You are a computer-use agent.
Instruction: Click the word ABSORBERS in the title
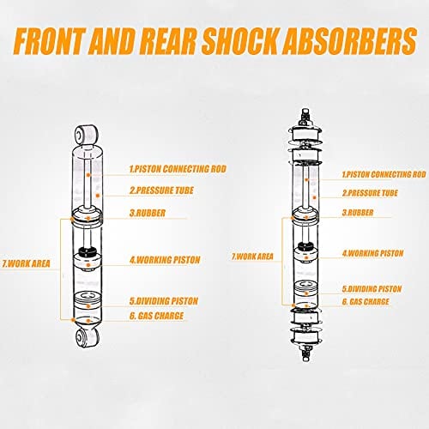(349, 40)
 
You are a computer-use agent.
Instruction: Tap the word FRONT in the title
(49, 40)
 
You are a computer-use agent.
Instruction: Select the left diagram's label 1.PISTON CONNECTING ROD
(178, 169)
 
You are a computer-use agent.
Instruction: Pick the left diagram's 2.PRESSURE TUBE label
(161, 190)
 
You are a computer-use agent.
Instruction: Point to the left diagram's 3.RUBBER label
(148, 213)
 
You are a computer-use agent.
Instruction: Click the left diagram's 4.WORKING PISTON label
(165, 260)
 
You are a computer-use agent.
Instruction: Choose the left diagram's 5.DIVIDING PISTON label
(164, 301)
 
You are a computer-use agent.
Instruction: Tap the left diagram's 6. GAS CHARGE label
(156, 316)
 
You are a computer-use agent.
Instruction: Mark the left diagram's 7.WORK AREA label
(27, 263)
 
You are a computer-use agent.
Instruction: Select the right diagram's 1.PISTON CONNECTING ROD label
(384, 174)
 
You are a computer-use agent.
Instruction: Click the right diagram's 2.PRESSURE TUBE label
(370, 193)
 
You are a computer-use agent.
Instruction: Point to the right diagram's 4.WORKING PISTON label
(373, 253)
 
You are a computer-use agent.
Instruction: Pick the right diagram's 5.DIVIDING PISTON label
(372, 289)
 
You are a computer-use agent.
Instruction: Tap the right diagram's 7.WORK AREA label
(252, 257)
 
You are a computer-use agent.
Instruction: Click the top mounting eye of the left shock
(86, 134)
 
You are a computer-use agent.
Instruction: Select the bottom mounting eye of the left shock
(88, 337)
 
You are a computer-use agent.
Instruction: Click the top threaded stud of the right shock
(305, 116)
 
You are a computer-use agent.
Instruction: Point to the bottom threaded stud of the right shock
(306, 353)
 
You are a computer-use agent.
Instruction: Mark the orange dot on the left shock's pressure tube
(98, 196)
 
